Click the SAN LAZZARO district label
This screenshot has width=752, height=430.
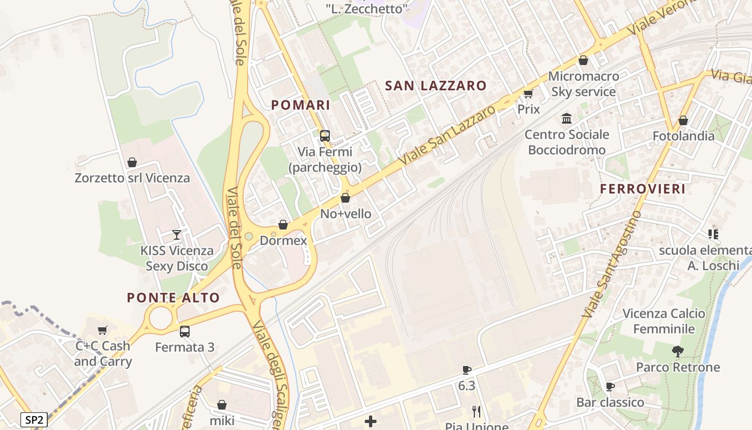pyautogui.click(x=436, y=85)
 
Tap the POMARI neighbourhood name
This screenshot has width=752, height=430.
pyautogui.click(x=301, y=105)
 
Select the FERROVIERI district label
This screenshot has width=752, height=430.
pyautogui.click(x=642, y=189)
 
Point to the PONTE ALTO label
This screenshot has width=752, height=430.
pyautogui.click(x=173, y=298)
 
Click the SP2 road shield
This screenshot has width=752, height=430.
pyautogui.click(x=34, y=419)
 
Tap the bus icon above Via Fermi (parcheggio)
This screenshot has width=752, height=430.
pyautogui.click(x=325, y=135)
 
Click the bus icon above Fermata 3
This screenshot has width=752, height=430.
pyautogui.click(x=185, y=331)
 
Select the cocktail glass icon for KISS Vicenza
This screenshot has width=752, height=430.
pyautogui.click(x=176, y=234)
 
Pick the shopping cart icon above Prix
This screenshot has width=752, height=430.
pyautogui.click(x=529, y=94)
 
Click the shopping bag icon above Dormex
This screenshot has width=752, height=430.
pyautogui.click(x=283, y=225)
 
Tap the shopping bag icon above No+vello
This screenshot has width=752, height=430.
pyautogui.click(x=345, y=198)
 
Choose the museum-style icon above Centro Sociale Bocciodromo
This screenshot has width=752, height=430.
pyautogui.click(x=567, y=118)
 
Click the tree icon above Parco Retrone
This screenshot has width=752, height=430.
pyautogui.click(x=678, y=352)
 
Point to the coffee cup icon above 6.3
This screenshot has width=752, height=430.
pyautogui.click(x=467, y=370)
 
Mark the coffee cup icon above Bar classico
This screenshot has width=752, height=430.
pyautogui.click(x=610, y=386)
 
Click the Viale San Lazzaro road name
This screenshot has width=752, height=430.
pyautogui.click(x=447, y=135)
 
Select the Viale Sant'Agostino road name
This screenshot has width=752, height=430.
pyautogui.click(x=612, y=263)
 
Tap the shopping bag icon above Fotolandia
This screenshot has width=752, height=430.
pyautogui.click(x=683, y=120)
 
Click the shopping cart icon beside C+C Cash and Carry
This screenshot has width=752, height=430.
pyautogui.click(x=103, y=330)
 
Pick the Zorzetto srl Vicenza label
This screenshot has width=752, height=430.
pyautogui.click(x=132, y=178)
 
